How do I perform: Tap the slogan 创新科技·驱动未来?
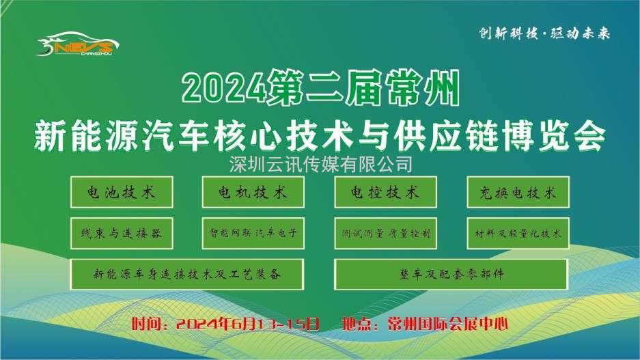[544, 33]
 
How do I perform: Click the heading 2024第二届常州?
[321, 87]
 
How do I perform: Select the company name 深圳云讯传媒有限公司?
[320, 164]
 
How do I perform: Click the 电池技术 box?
[122, 192]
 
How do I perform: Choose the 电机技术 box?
[253, 192]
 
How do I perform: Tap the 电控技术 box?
[385, 192]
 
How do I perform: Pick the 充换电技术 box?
[518, 192]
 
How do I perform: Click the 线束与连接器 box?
[122, 233]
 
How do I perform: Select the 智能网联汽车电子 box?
[253, 233]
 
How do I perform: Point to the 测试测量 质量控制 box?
[385, 233]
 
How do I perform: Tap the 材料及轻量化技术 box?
[518, 233]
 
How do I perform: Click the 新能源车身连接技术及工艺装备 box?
[187, 274]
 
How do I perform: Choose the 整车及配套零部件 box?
[451, 274]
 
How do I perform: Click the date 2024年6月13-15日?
[248, 324]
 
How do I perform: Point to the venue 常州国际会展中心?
[448, 324]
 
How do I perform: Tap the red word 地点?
[357, 324]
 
